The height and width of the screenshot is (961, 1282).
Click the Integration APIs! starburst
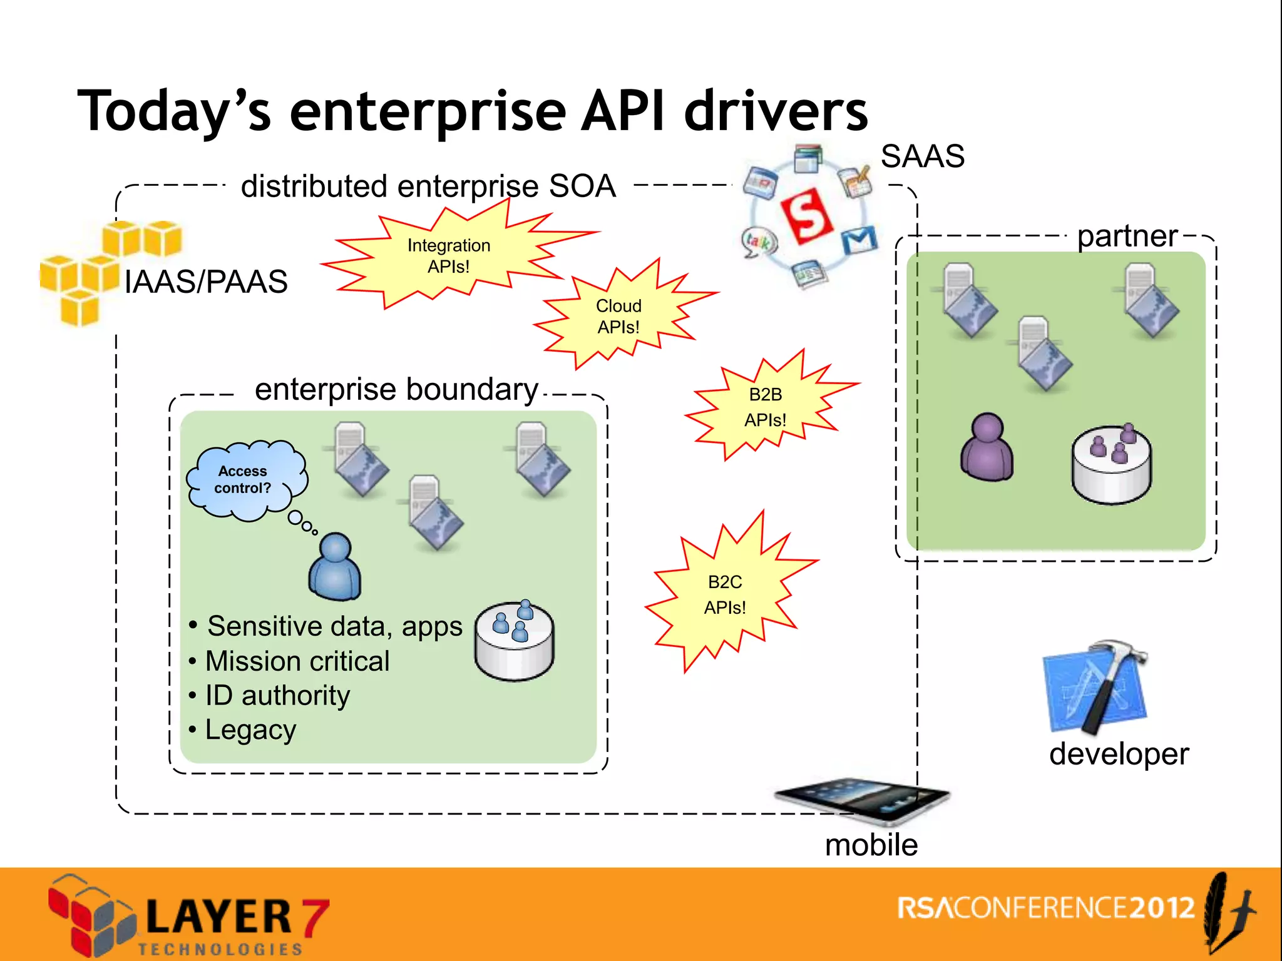coord(448,256)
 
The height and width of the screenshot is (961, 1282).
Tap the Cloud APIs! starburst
coord(618,317)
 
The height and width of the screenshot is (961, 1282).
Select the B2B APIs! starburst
coord(765,407)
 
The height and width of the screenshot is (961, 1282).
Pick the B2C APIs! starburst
coord(725,594)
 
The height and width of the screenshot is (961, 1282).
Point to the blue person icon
coord(335,567)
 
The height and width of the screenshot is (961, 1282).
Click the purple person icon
coord(987,447)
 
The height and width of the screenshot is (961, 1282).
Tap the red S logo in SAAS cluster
coord(807,216)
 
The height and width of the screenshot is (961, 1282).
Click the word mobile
coord(871,845)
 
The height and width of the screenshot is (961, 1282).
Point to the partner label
coord(1127,236)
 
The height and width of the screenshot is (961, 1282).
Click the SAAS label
coord(922,156)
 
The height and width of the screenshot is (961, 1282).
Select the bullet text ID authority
coord(277,696)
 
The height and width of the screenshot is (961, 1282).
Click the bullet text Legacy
coord(250,730)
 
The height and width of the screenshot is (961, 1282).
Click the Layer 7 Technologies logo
coord(188,917)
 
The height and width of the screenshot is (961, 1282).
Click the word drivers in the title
coord(776,111)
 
